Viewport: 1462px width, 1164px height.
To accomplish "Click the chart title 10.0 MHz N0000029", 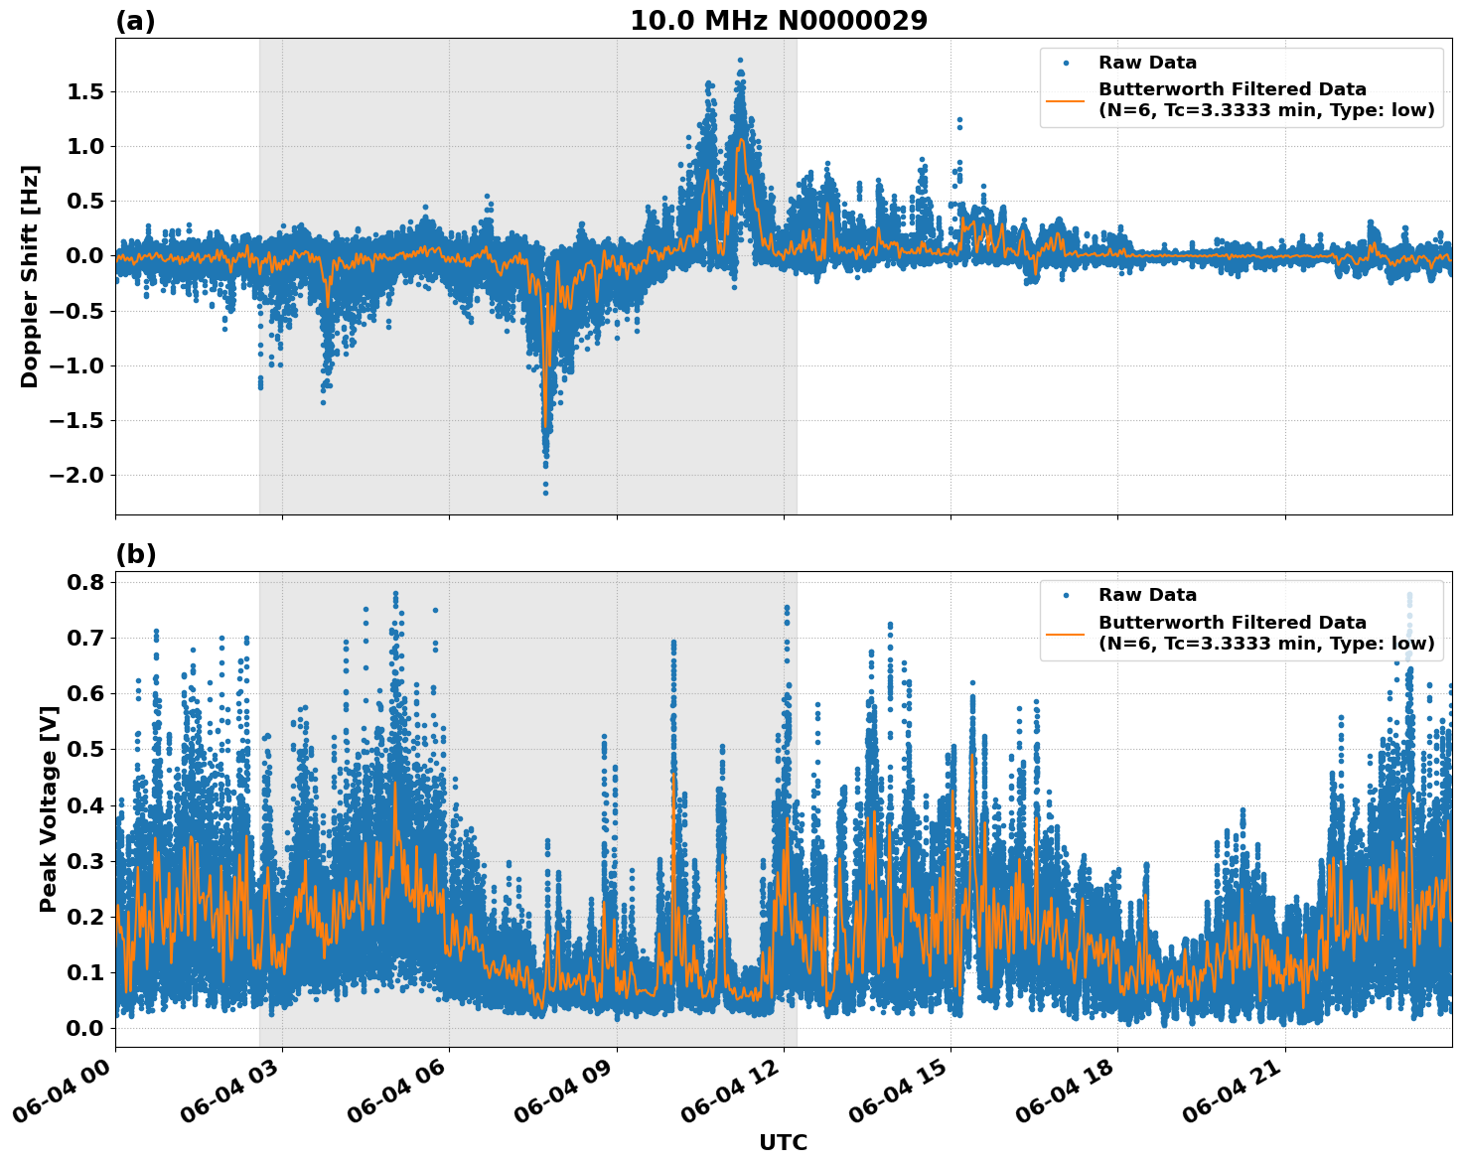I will click(778, 21).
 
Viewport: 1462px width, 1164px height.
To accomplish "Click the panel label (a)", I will click(135, 21).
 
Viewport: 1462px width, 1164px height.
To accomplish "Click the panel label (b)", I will click(135, 554).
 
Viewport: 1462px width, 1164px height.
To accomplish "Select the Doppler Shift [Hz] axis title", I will click(30, 276).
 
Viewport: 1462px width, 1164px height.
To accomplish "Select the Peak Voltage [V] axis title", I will click(48, 808).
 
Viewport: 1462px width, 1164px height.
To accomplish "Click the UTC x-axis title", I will click(783, 1142).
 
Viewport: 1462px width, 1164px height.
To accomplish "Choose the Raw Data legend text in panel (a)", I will click(1147, 63).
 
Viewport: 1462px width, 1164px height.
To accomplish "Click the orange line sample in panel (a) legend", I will click(1065, 100).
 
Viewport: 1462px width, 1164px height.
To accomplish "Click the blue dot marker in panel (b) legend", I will click(1065, 596).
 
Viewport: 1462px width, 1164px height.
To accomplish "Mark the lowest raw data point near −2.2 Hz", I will click(545, 493).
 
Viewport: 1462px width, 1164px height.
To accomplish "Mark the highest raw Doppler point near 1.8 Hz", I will click(740, 60).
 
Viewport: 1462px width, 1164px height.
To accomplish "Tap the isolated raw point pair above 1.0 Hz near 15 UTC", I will click(959, 123).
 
